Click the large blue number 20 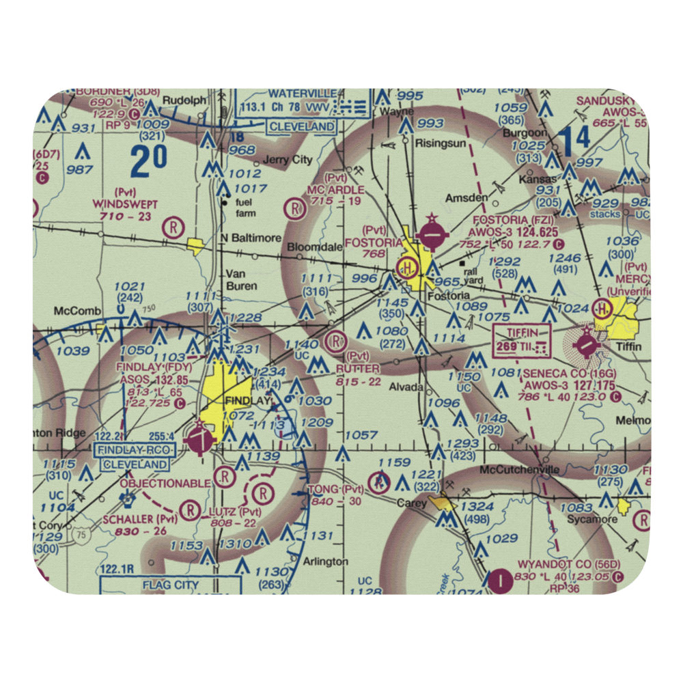point(149,161)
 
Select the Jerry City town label point(288,160)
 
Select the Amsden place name point(466,197)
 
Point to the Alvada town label point(406,387)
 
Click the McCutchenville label point(520,470)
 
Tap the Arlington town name point(325,561)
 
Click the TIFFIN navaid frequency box point(522,339)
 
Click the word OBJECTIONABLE point(165,484)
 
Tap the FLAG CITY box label point(171,585)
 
